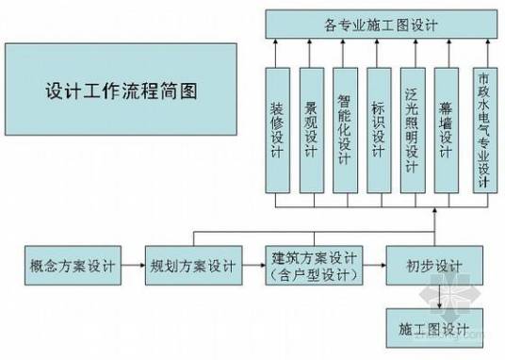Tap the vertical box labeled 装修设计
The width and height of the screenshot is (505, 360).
click(x=278, y=129)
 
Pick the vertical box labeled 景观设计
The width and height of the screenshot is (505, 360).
click(x=312, y=129)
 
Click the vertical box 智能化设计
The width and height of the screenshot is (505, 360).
click(x=346, y=129)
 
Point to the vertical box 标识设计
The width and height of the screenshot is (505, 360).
click(x=380, y=129)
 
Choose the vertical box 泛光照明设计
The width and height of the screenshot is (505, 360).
click(x=413, y=129)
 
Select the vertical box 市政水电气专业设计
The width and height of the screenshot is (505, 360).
click(x=483, y=129)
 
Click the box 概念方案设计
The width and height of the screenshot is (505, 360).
click(x=73, y=267)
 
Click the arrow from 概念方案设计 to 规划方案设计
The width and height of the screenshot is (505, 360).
click(x=133, y=267)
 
